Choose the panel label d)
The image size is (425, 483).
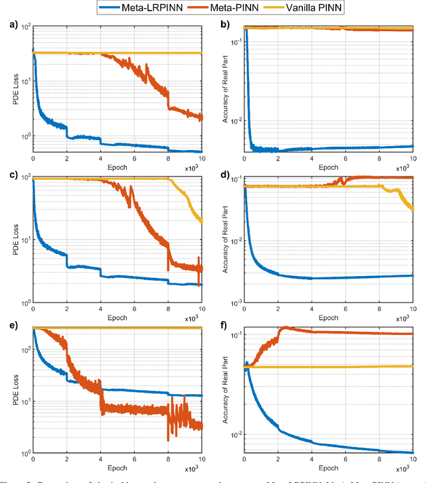(x=223, y=175)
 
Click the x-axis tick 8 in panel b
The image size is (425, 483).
(x=379, y=160)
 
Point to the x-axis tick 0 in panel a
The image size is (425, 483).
(x=33, y=160)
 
